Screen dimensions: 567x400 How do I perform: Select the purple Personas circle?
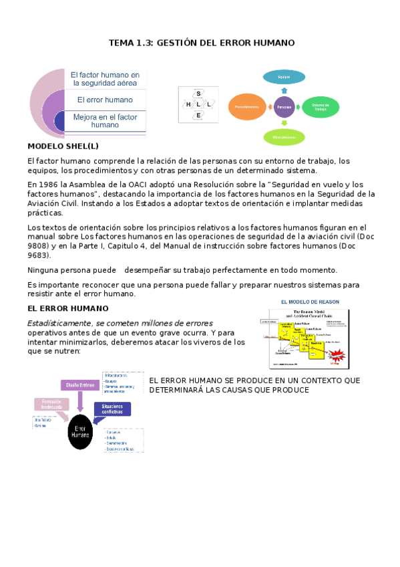(284, 106)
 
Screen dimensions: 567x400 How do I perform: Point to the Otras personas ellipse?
(284, 136)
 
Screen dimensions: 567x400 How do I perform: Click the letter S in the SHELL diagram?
(198, 94)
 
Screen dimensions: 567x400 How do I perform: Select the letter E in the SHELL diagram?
(198, 116)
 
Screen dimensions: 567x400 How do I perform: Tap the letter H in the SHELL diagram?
(188, 104)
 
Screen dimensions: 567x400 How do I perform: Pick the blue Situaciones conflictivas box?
(112, 409)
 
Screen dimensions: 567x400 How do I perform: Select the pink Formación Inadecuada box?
(52, 405)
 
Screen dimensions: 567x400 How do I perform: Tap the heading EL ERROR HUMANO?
(67, 308)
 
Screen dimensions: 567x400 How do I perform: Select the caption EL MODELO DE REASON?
(309, 302)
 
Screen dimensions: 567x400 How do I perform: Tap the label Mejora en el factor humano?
(105, 120)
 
